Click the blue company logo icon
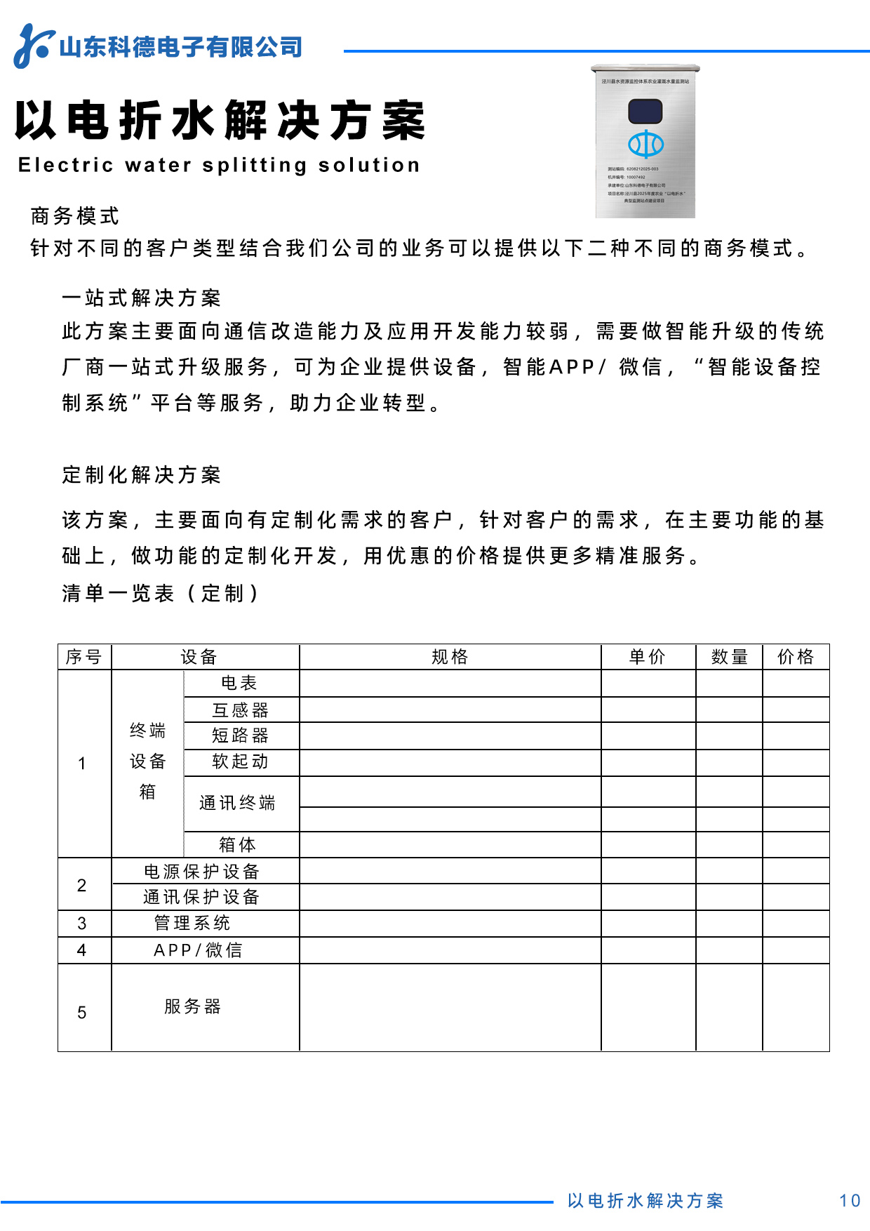pos(33,46)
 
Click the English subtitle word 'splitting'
pos(255,166)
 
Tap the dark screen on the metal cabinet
pos(645,111)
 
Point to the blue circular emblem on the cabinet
pos(645,144)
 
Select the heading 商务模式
pos(75,216)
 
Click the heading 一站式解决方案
pos(142,298)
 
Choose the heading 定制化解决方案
pos(142,475)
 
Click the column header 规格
pos(450,657)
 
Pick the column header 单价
pos(648,657)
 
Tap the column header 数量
pos(730,657)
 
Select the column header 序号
pos(84,657)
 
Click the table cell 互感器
pos(241,710)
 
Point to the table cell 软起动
pos(241,761)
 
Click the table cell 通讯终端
pos(237,803)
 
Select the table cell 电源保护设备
pos(202,872)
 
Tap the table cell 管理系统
pos(192,923)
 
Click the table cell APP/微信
pos(199,950)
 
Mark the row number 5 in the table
pos(82,1013)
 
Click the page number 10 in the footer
pos(850,1201)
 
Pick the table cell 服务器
pos(192,1006)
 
